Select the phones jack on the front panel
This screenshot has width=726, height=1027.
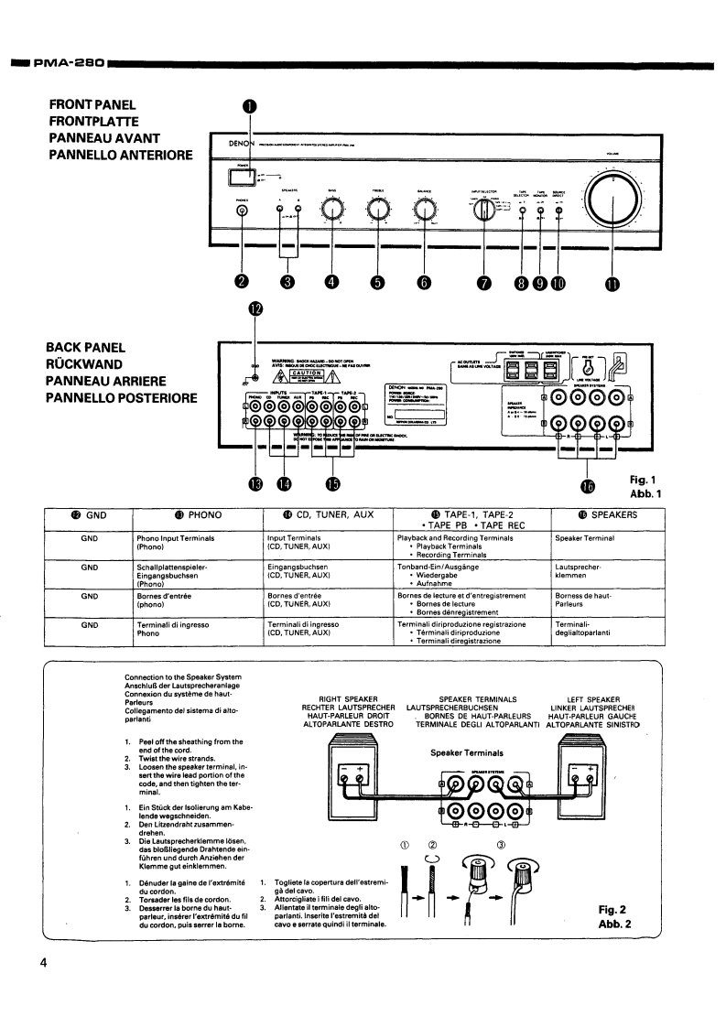click(243, 211)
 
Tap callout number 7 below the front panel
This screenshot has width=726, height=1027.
click(482, 282)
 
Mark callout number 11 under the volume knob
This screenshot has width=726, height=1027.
click(611, 283)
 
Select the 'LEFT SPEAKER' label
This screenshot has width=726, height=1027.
click(595, 698)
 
